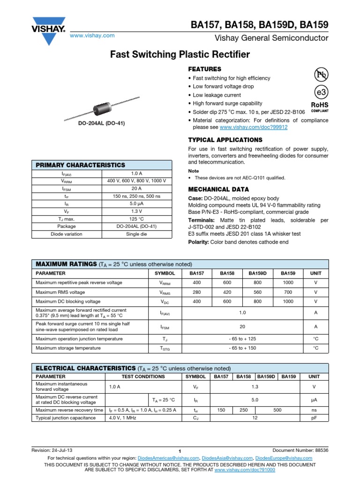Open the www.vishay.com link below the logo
(92, 36)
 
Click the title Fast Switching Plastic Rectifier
(180, 55)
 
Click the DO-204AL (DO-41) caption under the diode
(101, 123)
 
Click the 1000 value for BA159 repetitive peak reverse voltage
(288, 283)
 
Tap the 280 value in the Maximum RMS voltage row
(196, 292)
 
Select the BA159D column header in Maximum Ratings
(257, 273)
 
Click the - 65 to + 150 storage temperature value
(242, 348)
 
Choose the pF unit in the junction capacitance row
(314, 418)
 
